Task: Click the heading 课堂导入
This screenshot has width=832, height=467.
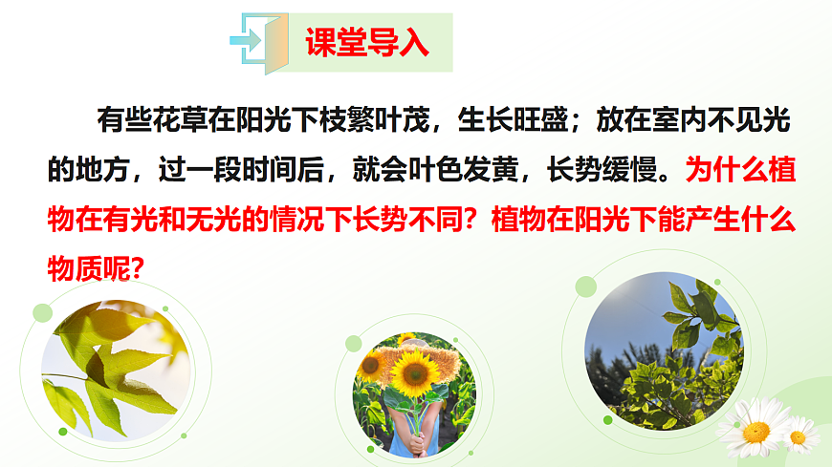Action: (366, 43)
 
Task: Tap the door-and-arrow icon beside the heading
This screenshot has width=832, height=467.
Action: (259, 42)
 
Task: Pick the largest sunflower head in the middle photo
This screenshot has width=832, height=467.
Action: (414, 373)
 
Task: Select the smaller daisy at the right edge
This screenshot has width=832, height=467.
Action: (799, 435)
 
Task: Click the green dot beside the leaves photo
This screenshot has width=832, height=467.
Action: (42, 312)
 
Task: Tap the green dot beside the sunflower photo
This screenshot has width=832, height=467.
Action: (354, 343)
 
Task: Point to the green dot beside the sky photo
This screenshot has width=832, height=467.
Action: (586, 286)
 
